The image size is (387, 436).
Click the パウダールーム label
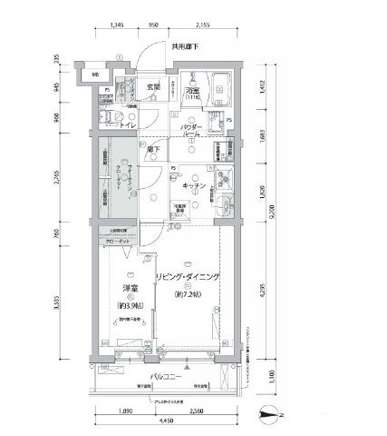190,130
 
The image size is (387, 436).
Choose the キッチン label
195,185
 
